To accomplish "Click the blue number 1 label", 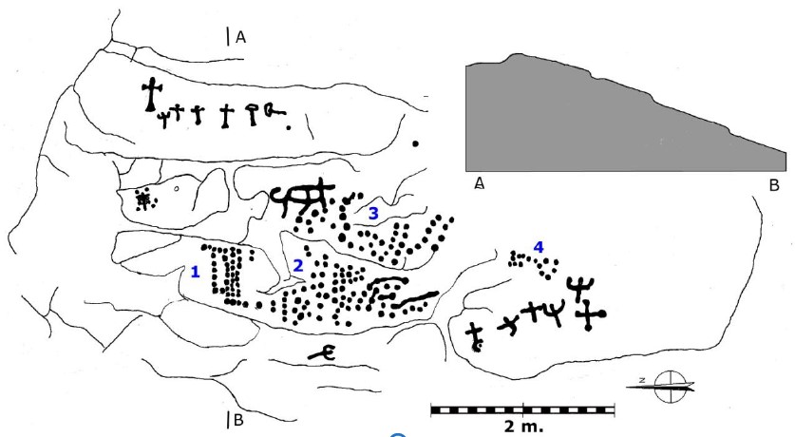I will coord(195,272).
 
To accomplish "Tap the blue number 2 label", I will coord(297,266).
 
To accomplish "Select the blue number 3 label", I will coord(373,214).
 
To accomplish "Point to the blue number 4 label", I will coord(539,247).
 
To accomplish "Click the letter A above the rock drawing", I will coord(241,37).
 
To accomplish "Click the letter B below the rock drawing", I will coord(240,419).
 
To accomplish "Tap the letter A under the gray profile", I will coord(480,183).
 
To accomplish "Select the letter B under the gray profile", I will coord(774,183).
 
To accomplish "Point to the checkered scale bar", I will coord(522,409).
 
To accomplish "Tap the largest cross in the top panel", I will coord(149,95).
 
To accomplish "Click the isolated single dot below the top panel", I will coord(416,143).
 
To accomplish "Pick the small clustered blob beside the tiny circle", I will coord(144,199).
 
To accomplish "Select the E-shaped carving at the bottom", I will coord(324,353).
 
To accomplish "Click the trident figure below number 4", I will coord(577,284).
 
